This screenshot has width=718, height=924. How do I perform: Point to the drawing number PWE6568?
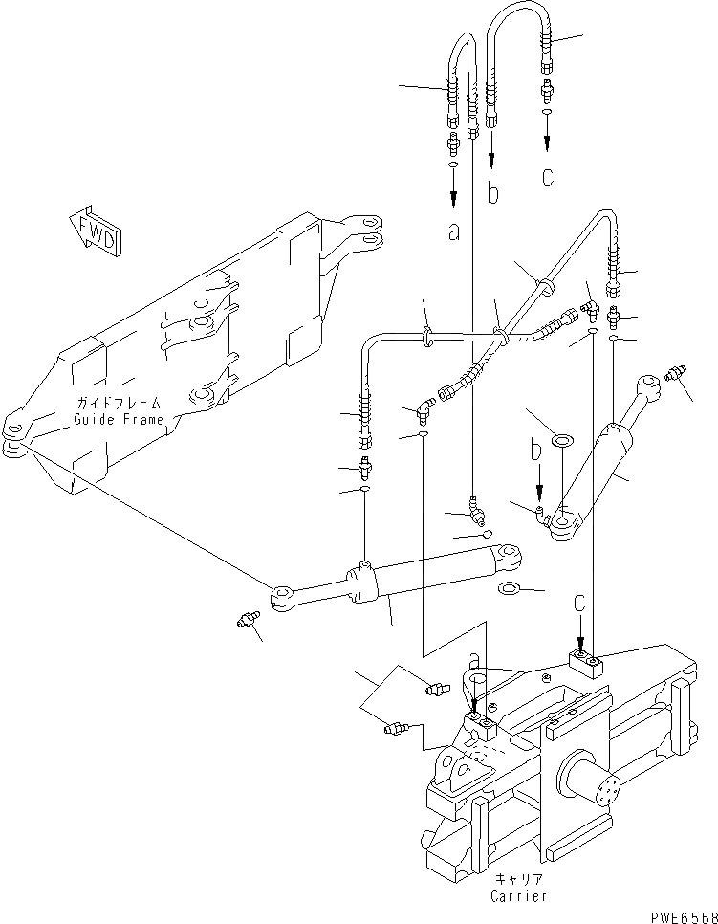[683, 915]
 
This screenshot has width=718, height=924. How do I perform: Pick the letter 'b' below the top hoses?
[492, 194]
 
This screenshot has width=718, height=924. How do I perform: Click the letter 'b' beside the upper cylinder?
[538, 448]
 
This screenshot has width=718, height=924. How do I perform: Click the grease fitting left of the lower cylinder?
[249, 623]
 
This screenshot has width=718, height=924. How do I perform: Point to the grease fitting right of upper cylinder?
[681, 371]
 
